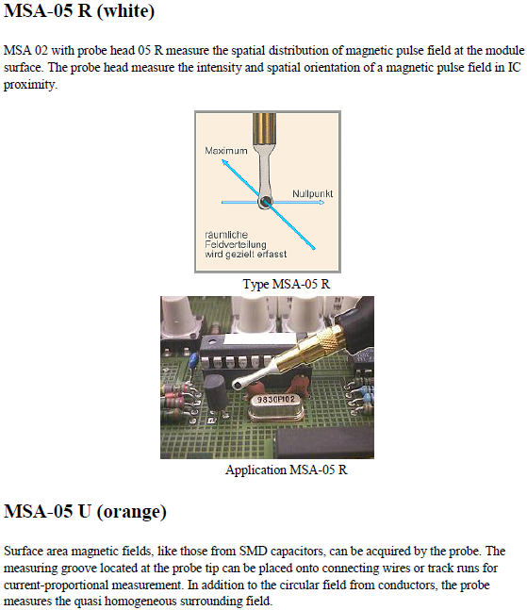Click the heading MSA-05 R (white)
point(79,10)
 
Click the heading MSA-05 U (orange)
point(85,511)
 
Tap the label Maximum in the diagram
point(226,151)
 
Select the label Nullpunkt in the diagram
point(312,193)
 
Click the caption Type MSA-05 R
point(287,284)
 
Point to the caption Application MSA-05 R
point(287,470)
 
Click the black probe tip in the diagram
point(266,202)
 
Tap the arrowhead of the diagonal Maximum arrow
point(224,161)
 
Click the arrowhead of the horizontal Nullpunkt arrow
point(321,203)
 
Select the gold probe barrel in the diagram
point(265,128)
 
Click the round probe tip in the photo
point(237,386)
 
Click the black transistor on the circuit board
point(215,392)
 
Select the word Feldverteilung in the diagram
point(236,244)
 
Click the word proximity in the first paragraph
point(30,85)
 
